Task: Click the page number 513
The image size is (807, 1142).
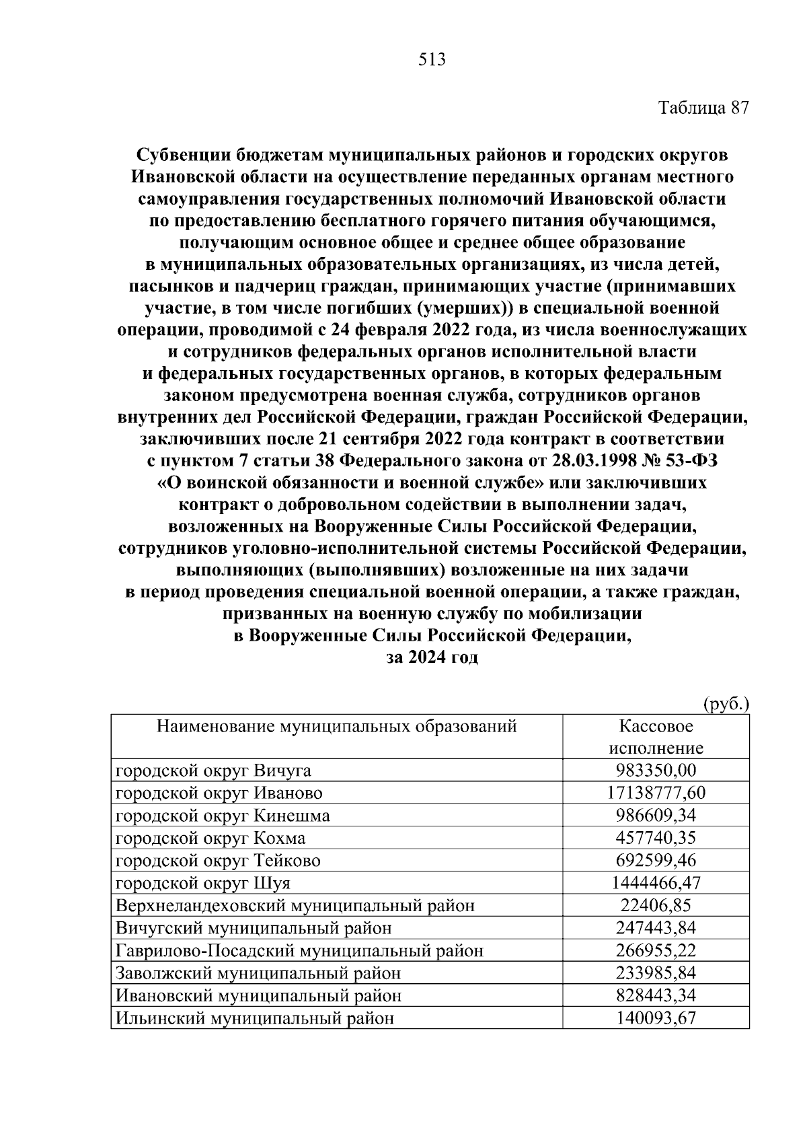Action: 432,60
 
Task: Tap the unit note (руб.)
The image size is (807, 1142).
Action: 726,705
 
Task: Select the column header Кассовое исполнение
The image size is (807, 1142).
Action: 656,737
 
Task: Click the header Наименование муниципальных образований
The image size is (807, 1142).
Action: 336,726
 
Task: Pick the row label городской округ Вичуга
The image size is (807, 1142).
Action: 213,771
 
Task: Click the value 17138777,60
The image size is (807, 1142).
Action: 656,793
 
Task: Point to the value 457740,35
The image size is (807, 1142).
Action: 656,838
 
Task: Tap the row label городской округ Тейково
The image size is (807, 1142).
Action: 218,861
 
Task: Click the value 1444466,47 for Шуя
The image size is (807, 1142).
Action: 656,883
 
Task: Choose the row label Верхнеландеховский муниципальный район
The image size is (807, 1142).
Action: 295,906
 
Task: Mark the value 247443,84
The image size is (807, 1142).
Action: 656,928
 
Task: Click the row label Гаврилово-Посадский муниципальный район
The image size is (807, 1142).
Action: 299,951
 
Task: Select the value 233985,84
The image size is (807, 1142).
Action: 656,973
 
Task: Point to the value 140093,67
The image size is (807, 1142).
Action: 656,1018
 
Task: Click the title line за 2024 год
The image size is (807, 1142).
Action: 432,657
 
